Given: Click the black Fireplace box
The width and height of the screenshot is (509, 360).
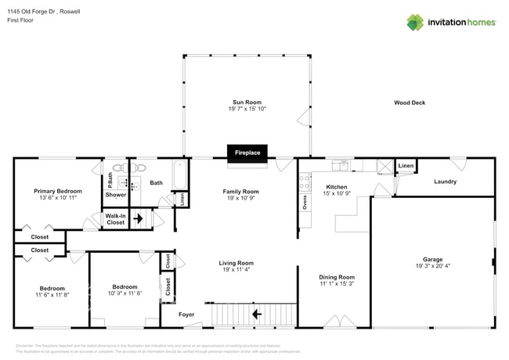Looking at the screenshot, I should [x=247, y=153].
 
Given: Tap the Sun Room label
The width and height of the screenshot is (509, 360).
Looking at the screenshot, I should [x=247, y=102].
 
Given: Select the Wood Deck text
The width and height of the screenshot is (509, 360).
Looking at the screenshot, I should [x=409, y=103].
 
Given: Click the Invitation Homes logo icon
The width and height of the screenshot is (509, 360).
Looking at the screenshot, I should [x=414, y=22].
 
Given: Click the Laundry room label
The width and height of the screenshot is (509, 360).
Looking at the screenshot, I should [x=445, y=182].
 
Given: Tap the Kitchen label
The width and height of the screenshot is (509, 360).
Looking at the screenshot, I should [x=336, y=187].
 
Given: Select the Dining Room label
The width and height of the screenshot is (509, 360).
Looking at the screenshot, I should [x=337, y=277].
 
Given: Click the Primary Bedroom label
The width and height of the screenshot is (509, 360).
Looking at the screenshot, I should [x=57, y=191].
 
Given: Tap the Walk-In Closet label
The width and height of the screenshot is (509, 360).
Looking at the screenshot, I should [x=115, y=219].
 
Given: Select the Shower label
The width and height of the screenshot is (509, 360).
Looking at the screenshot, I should [x=116, y=195].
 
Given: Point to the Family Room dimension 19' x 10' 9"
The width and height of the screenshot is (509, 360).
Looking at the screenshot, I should [x=240, y=199].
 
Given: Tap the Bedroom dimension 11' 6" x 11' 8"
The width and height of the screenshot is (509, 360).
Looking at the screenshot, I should [x=52, y=294].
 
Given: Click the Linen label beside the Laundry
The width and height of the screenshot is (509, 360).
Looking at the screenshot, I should [x=405, y=167].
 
